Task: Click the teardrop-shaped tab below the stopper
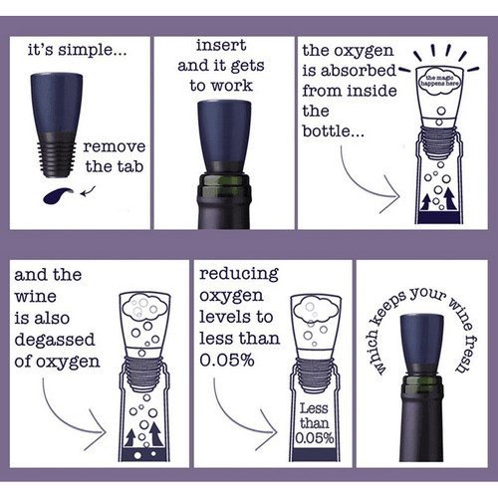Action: [x=57, y=196]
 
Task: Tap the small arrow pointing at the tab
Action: [x=88, y=191]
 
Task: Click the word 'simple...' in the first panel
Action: [x=93, y=51]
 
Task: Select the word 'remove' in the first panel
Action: [x=115, y=146]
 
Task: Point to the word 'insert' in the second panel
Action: [x=221, y=45]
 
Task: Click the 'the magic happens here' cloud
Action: [x=439, y=81]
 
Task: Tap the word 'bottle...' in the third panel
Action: [x=334, y=131]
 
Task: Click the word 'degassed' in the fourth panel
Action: [x=55, y=340]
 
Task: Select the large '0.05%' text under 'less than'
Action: [x=227, y=360]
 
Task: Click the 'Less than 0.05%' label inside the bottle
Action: [x=314, y=423]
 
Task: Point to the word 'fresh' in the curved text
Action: [x=465, y=354]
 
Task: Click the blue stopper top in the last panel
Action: [x=421, y=340]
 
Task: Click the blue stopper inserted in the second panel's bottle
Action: [x=224, y=131]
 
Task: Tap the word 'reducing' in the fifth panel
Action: [x=239, y=275]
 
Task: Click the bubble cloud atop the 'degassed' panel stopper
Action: [x=144, y=307]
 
